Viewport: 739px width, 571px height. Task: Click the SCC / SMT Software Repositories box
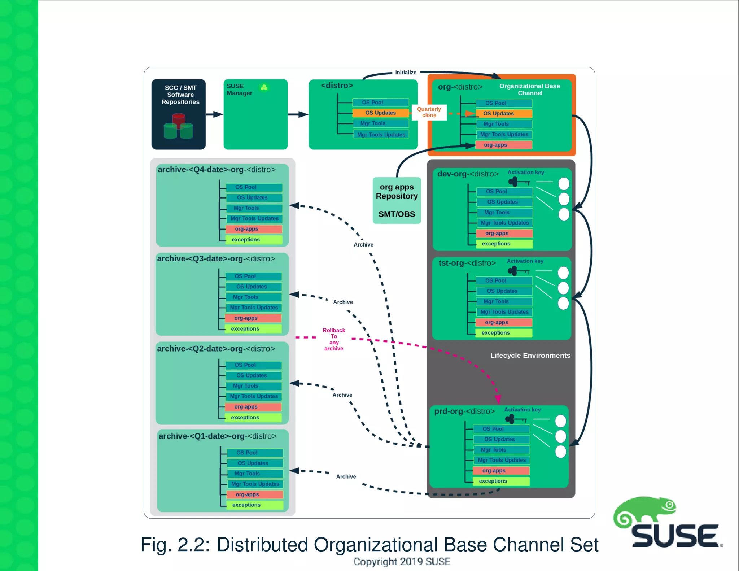(x=179, y=114)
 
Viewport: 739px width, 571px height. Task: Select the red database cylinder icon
(x=179, y=120)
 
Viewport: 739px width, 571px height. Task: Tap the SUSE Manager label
(x=239, y=90)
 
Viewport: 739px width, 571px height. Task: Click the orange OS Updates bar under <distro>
(x=380, y=113)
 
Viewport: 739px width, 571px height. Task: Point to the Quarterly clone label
(x=429, y=112)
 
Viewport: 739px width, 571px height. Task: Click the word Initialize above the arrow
(x=406, y=73)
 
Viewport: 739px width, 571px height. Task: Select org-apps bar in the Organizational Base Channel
(x=503, y=145)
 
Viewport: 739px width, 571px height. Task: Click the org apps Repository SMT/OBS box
(x=397, y=200)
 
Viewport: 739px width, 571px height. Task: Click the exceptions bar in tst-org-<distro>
(x=503, y=333)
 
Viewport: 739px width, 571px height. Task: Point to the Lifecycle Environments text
(x=530, y=356)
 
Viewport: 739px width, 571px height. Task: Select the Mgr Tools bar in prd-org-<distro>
(x=501, y=450)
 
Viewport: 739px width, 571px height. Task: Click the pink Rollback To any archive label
(x=334, y=339)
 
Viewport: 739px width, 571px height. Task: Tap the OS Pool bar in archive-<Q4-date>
(x=254, y=187)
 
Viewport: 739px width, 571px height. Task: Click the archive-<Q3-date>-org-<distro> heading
(x=216, y=259)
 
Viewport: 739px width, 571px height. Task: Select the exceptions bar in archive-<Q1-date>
(x=254, y=505)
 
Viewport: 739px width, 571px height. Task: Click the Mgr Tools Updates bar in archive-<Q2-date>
(x=254, y=396)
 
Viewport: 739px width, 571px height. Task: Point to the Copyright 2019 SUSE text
(x=402, y=562)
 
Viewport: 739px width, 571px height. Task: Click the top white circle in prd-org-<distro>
(x=560, y=421)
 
